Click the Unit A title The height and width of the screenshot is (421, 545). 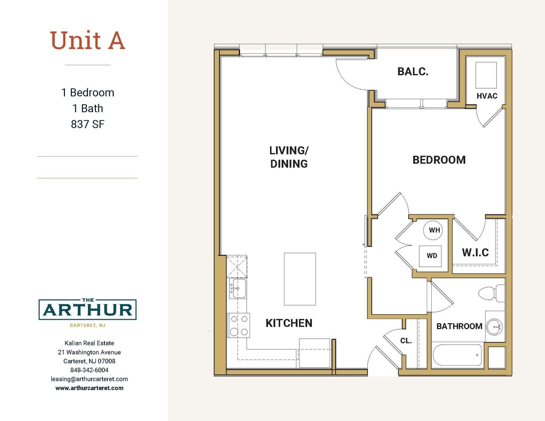pos(87,40)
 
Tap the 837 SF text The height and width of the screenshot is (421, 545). pos(87,124)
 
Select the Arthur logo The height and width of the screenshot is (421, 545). pos(87,310)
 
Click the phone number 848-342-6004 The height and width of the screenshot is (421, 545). pos(89,370)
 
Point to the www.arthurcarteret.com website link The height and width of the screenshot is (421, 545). pos(89,388)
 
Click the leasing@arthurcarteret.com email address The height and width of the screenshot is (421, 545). pos(89,379)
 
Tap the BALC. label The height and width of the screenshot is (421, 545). pos(413,72)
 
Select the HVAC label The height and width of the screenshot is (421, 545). pos(487,96)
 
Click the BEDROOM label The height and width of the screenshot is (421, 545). pos(439,160)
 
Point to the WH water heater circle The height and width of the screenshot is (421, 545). pos(434,230)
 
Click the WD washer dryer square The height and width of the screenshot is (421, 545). pos(432,255)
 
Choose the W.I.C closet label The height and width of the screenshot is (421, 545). pos(475,252)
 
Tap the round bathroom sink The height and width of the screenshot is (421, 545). pos(495,327)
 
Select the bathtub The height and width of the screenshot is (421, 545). pos(457,355)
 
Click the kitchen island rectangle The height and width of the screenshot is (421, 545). pos(299,279)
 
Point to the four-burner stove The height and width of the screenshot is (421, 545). pos(239,325)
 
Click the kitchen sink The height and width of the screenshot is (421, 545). pos(238,289)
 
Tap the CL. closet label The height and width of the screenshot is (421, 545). pos(406,341)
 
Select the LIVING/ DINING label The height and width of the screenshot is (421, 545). pos(288,157)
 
